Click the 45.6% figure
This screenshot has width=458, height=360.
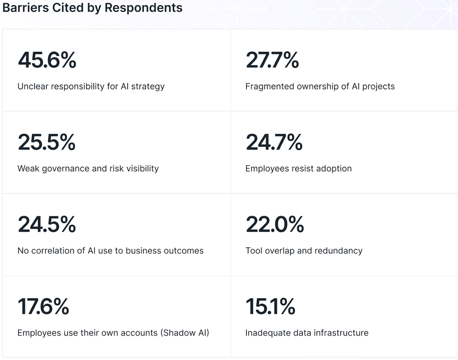point(47,60)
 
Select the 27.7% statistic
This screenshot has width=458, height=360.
point(272,60)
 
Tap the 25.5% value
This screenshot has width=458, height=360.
point(47,142)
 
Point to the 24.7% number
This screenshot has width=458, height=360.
point(274,142)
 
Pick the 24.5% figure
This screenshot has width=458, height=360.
point(47,224)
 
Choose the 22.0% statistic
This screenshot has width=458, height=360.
point(274,224)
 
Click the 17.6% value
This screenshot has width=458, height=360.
point(43,306)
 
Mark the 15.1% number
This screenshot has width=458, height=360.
point(270,306)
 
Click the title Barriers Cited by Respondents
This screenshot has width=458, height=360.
point(92,8)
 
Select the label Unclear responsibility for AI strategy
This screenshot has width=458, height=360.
point(91,86)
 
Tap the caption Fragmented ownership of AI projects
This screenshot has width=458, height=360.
point(320,86)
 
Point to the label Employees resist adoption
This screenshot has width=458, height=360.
point(298,169)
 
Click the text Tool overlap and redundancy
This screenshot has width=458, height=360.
point(304,251)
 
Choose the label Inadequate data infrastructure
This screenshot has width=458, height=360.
point(307,333)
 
